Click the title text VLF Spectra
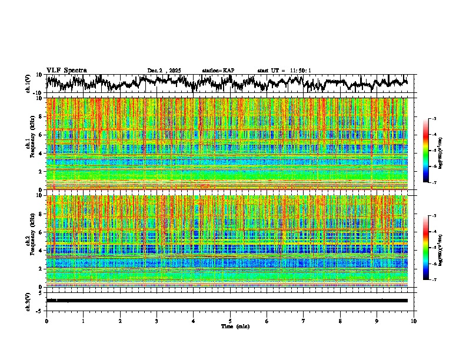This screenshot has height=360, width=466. tap(66, 70)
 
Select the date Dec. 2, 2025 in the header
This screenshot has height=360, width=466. tap(164, 71)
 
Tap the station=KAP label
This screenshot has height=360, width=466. tap(218, 71)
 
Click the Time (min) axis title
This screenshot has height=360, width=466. tap(235, 326)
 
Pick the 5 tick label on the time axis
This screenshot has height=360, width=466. tap(231, 320)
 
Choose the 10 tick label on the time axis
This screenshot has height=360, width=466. tap(414, 320)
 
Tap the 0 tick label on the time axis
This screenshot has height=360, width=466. tap(46, 320)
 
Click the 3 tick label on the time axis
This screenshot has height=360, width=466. tap(157, 320)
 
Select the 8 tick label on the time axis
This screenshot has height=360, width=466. tap(340, 320)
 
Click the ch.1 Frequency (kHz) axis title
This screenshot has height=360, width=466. tap(30, 144)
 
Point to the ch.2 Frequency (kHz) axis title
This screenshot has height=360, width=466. tap(30, 241)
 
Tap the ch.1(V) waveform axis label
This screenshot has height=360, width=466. tap(28, 84)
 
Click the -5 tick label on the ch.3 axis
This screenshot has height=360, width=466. tap(40, 309)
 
